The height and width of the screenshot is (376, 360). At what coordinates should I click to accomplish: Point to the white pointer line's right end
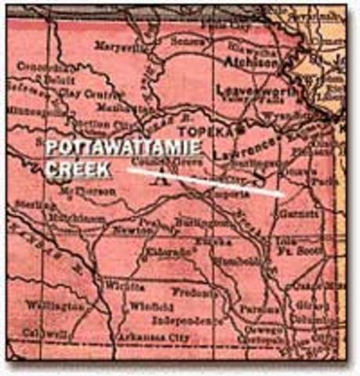pos(282,193)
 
